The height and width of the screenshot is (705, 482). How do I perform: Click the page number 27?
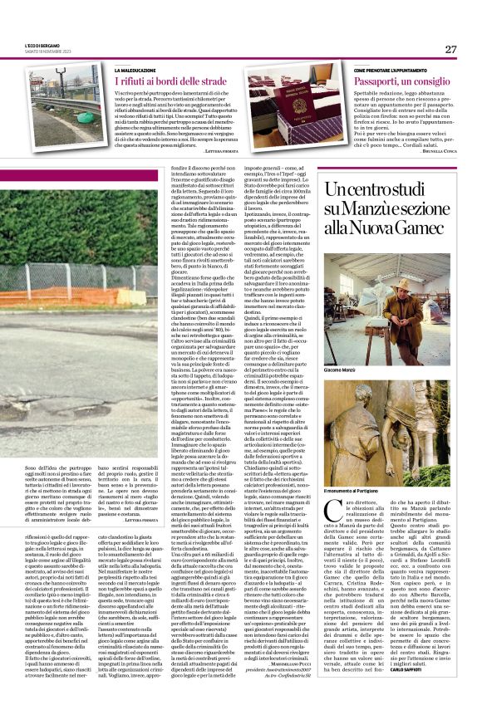point(450,49)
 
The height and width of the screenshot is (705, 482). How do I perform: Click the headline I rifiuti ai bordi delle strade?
point(171,82)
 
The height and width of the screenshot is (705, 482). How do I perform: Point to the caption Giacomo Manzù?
point(342,370)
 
